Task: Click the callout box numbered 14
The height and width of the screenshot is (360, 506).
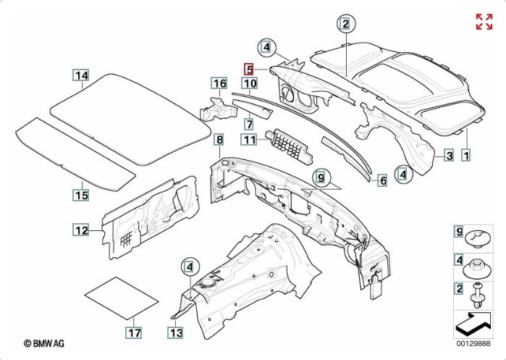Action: pos(81,75)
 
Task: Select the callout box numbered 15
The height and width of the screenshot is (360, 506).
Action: pos(81,194)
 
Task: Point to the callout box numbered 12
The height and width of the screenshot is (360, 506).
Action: pos(81,230)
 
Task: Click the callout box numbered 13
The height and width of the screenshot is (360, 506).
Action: pos(176,333)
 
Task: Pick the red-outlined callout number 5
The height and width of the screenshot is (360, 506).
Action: pos(248,69)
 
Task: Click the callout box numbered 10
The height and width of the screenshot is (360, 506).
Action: pos(249,84)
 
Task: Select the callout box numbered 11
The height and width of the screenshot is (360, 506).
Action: pos(250,140)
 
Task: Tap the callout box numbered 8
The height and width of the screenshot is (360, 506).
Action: pos(219,138)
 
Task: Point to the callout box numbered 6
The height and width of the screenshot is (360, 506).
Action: pos(382,180)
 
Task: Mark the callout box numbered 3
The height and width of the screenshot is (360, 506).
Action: pos(448,155)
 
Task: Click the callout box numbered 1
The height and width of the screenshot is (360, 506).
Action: pos(466,155)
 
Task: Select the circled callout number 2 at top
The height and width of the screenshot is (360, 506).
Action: pos(346,24)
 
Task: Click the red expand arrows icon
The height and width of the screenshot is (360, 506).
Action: pos(484,22)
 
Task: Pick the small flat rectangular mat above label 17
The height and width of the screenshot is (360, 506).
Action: pos(122,298)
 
